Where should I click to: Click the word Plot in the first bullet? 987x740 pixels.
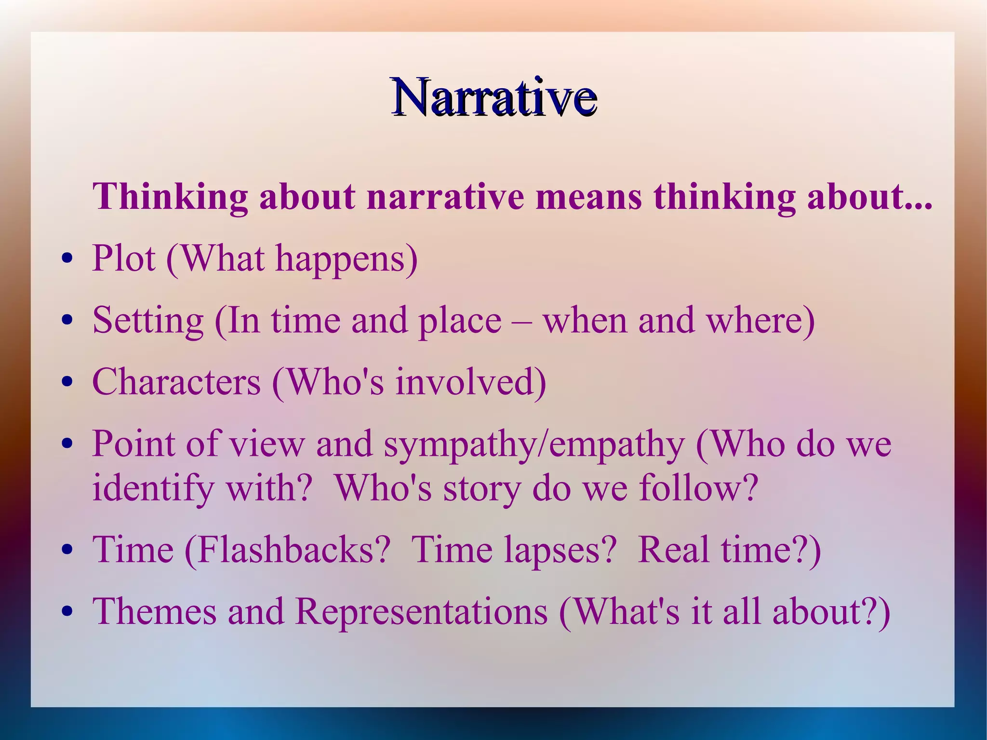click(124, 259)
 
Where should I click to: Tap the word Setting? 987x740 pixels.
click(148, 321)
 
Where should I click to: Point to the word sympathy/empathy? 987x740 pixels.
click(534, 444)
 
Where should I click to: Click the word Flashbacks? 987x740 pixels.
click(287, 550)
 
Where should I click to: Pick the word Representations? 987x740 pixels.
click(421, 612)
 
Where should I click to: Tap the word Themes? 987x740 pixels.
click(154, 612)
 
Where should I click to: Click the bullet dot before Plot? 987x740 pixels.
click(67, 259)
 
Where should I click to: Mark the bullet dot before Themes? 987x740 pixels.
click(67, 612)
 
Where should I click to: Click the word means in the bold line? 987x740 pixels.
click(588, 198)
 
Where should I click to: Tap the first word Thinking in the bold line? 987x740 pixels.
click(170, 198)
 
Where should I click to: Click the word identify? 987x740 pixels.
click(153, 488)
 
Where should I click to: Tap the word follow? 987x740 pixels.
click(699, 487)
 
